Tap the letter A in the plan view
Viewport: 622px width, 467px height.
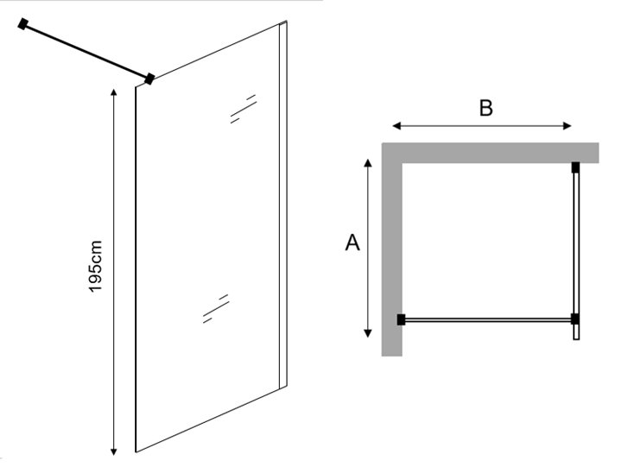[352, 243]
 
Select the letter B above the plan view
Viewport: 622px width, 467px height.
[486, 108]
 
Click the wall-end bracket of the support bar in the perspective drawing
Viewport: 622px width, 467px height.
[24, 25]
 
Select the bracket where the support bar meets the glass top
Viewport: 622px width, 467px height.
[149, 79]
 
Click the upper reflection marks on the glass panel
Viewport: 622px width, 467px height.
[243, 109]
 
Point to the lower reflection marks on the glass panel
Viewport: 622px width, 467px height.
[215, 308]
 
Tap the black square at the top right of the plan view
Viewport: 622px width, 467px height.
[575, 166]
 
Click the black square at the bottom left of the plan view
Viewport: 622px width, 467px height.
[402, 319]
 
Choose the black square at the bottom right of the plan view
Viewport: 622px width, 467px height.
[575, 319]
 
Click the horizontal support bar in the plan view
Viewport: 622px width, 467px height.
[488, 319]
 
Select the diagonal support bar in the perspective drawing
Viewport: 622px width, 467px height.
[86, 52]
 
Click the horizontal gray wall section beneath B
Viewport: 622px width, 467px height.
[492, 152]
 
